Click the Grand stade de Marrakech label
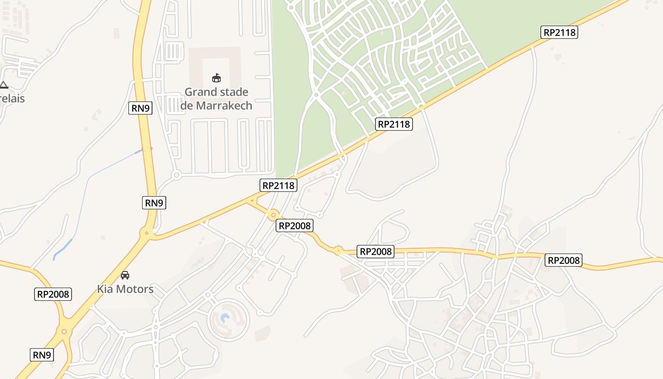pyautogui.click(x=216, y=99)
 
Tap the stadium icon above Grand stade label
pyautogui.click(x=216, y=78)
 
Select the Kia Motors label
pyautogui.click(x=125, y=289)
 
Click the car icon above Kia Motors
pyautogui.click(x=125, y=275)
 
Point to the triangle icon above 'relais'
pyautogui.click(x=4, y=85)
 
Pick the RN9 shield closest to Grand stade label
pyautogui.click(x=140, y=108)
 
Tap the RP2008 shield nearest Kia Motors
pyautogui.click(x=54, y=294)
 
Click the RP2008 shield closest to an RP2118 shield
pyautogui.click(x=295, y=226)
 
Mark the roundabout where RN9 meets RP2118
pyautogui.click(x=147, y=233)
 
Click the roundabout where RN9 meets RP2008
pyautogui.click(x=63, y=331)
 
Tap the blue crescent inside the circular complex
pyautogui.click(x=225, y=318)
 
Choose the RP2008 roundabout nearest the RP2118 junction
pyautogui.click(x=273, y=215)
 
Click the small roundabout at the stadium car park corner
pyautogui.click(x=176, y=175)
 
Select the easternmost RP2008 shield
pyautogui.click(x=563, y=260)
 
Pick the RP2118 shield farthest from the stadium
pyautogui.click(x=559, y=32)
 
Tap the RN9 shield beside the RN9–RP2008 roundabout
pyautogui.click(x=42, y=354)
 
